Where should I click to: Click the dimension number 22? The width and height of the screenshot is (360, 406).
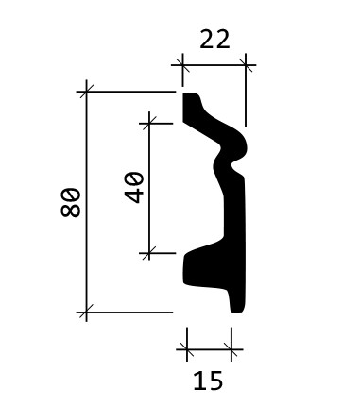coord(214,40)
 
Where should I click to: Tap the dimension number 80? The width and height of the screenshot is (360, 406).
coord(71,202)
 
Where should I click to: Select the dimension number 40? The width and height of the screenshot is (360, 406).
coord(133,187)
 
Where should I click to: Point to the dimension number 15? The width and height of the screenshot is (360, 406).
coord(208,381)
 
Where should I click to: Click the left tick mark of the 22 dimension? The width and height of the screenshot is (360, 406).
coord(182,65)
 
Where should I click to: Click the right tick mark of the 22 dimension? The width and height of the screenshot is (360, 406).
coord(246,65)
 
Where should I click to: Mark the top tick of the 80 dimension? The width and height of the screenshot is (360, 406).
coord(86,92)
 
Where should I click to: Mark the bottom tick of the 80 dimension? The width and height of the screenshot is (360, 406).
coord(86,313)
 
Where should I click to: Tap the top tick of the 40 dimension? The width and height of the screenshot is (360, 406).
coord(149,123)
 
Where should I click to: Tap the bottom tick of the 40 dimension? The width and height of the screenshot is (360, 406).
coord(149,253)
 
